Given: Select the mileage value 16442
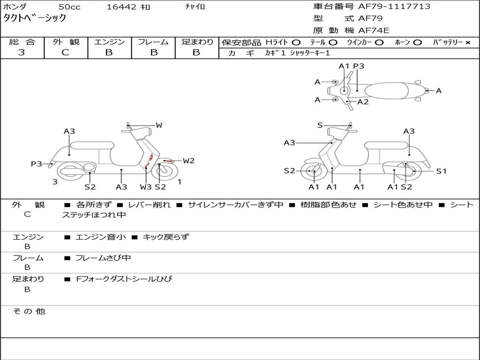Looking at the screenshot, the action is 121,7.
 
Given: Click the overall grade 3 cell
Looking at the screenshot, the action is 22,52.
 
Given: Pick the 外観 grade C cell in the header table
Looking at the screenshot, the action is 66,52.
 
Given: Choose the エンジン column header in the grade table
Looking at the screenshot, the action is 109,42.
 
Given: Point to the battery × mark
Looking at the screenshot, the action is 467,42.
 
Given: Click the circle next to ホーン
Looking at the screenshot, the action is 417,42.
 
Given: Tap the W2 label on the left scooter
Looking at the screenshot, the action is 188,161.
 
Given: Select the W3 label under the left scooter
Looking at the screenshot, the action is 146,187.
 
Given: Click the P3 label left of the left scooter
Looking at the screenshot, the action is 37,164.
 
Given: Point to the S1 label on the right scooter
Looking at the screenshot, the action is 441,171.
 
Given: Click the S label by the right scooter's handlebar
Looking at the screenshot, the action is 320,125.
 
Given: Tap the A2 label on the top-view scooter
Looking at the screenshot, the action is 363,102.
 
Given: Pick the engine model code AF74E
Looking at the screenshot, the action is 374,30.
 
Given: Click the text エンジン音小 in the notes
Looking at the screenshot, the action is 100,237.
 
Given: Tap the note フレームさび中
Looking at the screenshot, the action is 103,258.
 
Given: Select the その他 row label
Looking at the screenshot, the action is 29,311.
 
